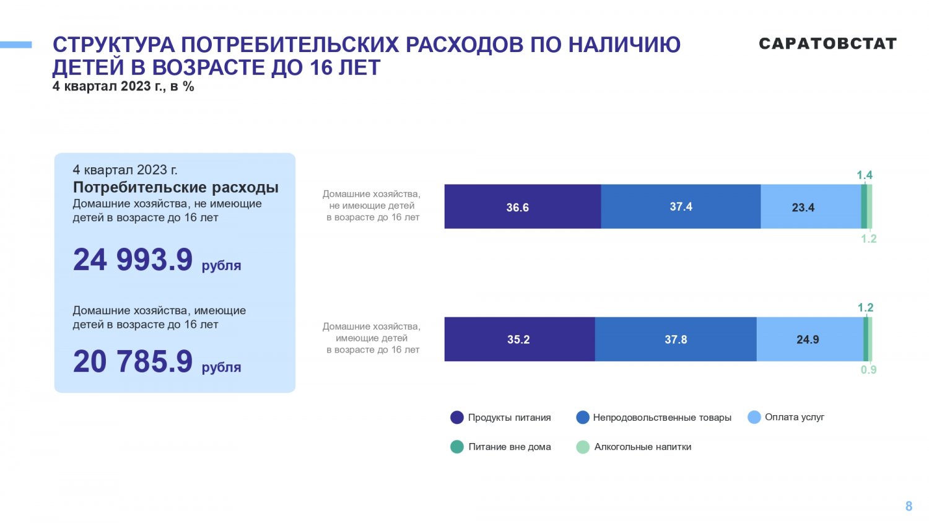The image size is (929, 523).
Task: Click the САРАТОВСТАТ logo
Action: pyautogui.click(x=827, y=43)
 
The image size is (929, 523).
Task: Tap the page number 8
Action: pyautogui.click(x=909, y=506)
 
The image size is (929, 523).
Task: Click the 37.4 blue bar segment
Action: pyautogui.click(x=680, y=207)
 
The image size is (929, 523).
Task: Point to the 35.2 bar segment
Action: pyautogui.click(x=519, y=340)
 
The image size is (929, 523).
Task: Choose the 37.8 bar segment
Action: pyautogui.click(x=675, y=340)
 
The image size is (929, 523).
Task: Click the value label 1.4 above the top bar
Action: pyautogui.click(x=865, y=175)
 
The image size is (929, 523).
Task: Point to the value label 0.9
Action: pyautogui.click(x=868, y=370)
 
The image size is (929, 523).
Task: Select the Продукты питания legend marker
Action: pyautogui.click(x=457, y=418)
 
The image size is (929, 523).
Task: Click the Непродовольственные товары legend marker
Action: pyautogui.click(x=583, y=418)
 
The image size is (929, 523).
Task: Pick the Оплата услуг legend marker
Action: pyautogui.click(x=754, y=417)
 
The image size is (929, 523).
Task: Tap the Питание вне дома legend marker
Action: pyautogui.click(x=457, y=447)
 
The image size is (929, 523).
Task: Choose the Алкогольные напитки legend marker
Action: pyautogui.click(x=583, y=447)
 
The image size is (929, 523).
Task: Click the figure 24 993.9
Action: pyautogui.click(x=133, y=260)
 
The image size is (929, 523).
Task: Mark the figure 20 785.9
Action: pyautogui.click(x=133, y=362)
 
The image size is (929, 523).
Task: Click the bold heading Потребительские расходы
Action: pyautogui.click(x=176, y=187)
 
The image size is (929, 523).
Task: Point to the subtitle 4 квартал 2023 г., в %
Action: pyautogui.click(x=123, y=87)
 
